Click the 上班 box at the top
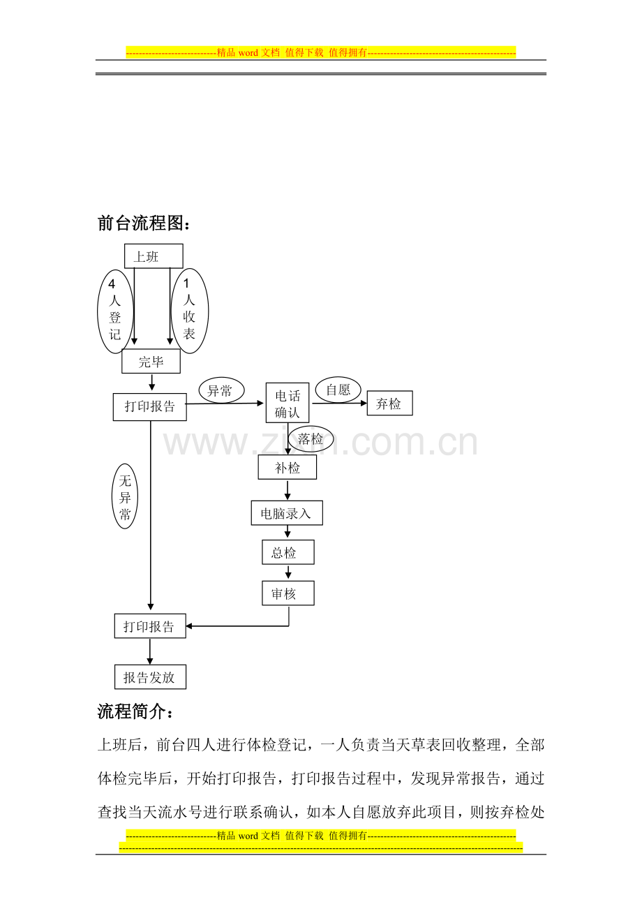pyautogui.click(x=154, y=256)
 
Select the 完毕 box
pyautogui.click(x=151, y=361)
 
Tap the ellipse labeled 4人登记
pyautogui.click(x=116, y=311)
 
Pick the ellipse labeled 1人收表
pyautogui.click(x=189, y=311)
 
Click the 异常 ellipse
pyautogui.click(x=221, y=390)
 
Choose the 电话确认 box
pyautogui.click(x=287, y=402)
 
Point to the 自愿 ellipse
pyautogui.click(x=338, y=390)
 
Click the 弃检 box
pyautogui.click(x=390, y=403)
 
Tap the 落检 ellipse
pyautogui.click(x=311, y=438)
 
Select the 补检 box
pyautogui.click(x=287, y=467)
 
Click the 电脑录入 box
pyautogui.click(x=287, y=513)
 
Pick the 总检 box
pyautogui.click(x=288, y=552)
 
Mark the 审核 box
pyautogui.click(x=288, y=593)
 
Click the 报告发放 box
pyautogui.click(x=150, y=677)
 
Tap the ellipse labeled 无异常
pyautogui.click(x=124, y=496)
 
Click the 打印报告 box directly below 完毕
pyautogui.click(x=149, y=406)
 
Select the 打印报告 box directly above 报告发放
pyautogui.click(x=150, y=626)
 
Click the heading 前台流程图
pyautogui.click(x=144, y=223)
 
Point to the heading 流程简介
pyautogui.click(x=135, y=711)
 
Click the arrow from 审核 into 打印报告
pyautogui.click(x=251, y=626)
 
